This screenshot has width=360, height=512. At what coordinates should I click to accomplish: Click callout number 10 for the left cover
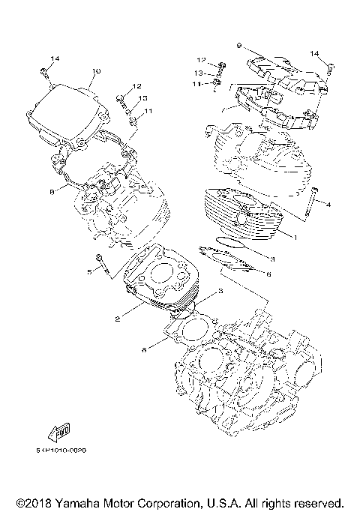[96, 71]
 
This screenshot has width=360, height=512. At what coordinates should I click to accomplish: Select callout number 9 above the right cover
[238, 46]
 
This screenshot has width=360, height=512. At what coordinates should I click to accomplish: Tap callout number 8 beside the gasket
[52, 192]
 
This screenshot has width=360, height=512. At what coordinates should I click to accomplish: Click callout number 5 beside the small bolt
[88, 271]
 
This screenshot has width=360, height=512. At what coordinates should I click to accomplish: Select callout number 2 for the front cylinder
[118, 320]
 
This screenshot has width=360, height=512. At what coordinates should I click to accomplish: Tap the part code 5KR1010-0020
[61, 451]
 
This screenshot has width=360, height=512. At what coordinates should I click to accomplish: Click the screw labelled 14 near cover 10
[45, 72]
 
